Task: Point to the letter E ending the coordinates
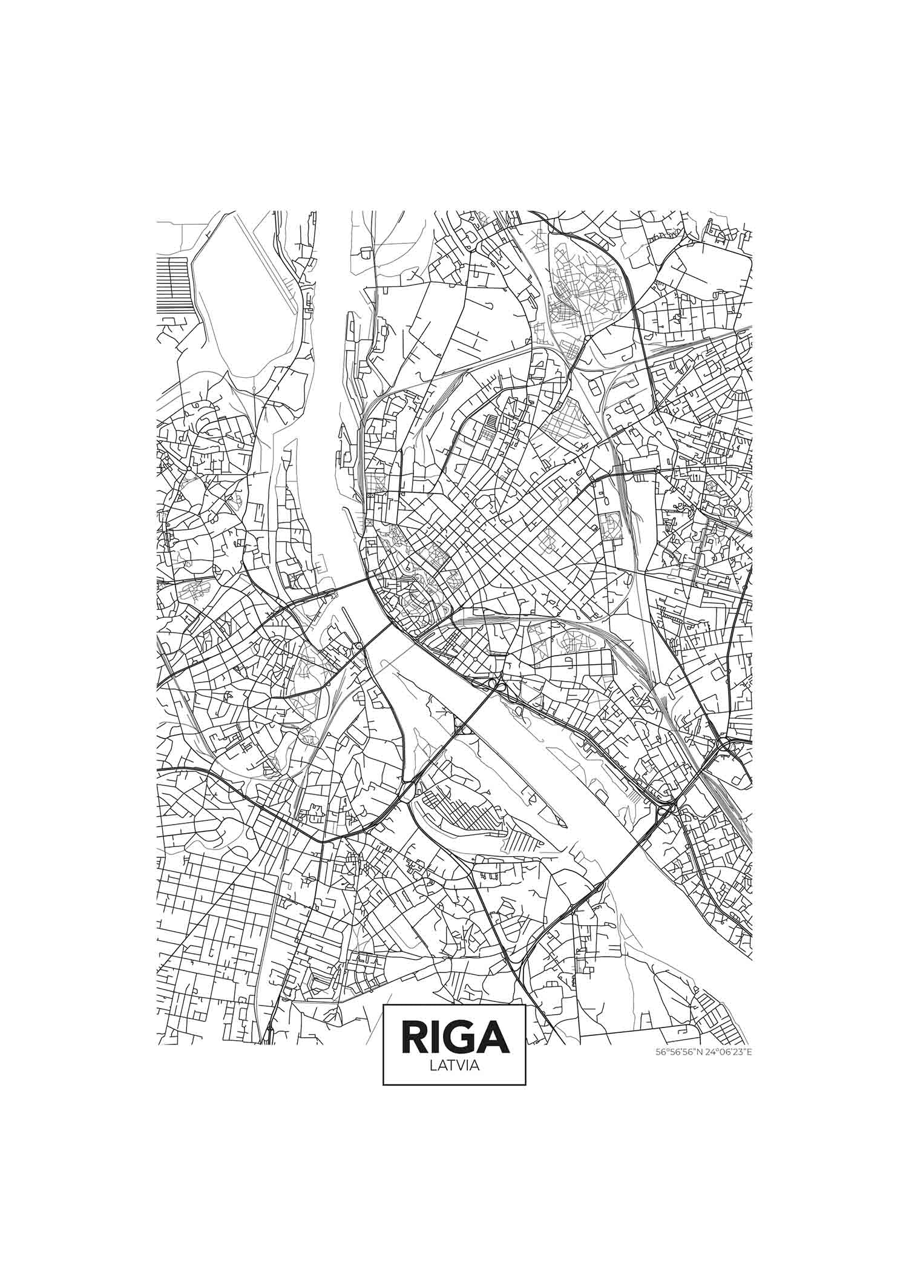point(749,1052)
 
